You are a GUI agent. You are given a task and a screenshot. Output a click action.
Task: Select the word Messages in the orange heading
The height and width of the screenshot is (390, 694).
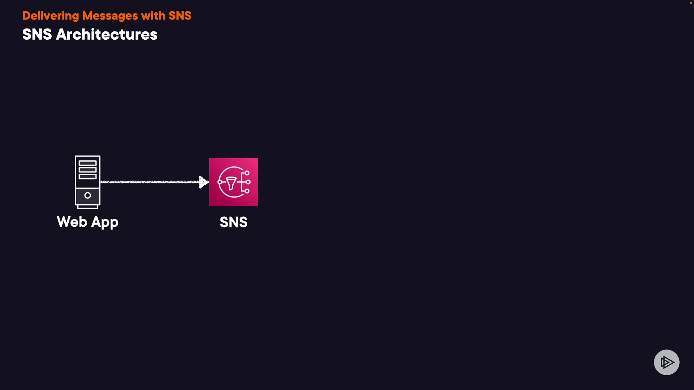(110, 16)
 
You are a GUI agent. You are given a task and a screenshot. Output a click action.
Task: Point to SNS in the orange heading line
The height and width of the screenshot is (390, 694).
(180, 16)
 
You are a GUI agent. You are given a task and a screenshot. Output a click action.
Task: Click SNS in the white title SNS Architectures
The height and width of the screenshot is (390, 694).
(37, 35)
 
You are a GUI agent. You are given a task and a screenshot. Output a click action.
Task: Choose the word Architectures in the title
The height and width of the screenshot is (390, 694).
(107, 35)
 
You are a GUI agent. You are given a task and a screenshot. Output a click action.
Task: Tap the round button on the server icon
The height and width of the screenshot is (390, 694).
(87, 195)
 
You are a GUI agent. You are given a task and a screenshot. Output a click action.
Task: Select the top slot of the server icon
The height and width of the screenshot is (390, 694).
(87, 163)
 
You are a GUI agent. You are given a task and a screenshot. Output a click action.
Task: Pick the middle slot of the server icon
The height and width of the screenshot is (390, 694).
(87, 170)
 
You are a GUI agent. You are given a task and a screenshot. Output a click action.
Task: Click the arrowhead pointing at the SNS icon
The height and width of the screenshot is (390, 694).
(204, 182)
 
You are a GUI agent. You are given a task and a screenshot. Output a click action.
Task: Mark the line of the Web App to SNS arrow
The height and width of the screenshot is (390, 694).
(150, 182)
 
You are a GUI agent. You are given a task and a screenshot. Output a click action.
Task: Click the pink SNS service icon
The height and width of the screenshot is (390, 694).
(234, 182)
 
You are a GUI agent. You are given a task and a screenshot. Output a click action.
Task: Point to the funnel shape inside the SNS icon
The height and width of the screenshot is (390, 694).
(231, 183)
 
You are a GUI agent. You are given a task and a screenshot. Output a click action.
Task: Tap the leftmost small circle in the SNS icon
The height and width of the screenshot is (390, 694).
(219, 182)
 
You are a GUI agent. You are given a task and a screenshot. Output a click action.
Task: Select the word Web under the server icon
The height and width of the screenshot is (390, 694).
(72, 222)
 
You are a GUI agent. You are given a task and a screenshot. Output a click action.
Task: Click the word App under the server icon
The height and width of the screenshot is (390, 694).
(105, 222)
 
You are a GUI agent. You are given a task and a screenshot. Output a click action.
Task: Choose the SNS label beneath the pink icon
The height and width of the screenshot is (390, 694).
(234, 222)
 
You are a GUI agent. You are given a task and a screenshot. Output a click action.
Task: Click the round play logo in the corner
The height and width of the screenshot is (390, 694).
(667, 362)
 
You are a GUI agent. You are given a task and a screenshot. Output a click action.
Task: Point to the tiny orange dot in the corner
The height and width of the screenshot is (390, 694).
(691, 3)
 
